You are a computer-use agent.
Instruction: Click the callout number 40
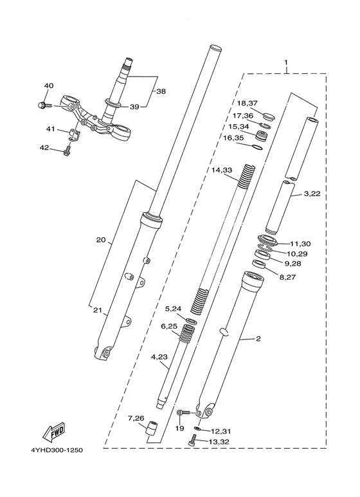(49, 86)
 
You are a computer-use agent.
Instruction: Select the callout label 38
(161, 91)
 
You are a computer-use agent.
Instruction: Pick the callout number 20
(100, 240)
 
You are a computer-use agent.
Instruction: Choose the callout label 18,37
(247, 104)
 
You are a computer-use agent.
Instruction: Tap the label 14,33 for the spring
(222, 170)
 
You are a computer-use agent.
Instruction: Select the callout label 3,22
(312, 194)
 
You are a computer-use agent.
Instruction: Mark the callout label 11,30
(300, 244)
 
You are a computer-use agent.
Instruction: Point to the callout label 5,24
(174, 308)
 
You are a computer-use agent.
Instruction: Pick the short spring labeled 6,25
(188, 334)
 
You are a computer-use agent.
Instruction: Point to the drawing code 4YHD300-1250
(55, 449)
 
